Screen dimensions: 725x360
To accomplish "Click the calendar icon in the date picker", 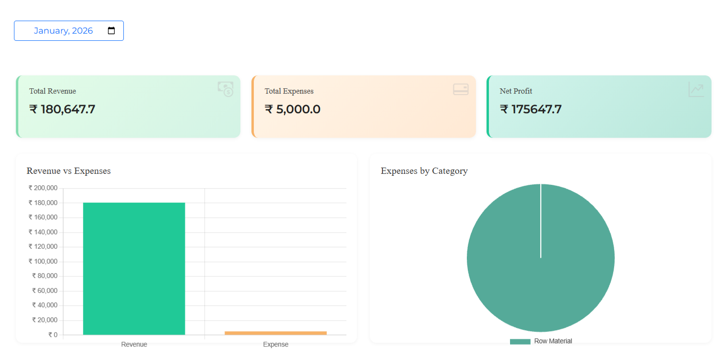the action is (x=111, y=30).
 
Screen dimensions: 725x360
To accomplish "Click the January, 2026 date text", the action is (x=63, y=31).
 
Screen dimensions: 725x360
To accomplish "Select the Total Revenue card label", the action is (x=52, y=91).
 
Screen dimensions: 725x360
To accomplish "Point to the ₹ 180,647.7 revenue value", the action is (x=62, y=109).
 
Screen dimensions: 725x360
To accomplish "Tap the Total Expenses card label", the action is (x=289, y=91).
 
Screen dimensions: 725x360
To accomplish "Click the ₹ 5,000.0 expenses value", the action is (x=293, y=109).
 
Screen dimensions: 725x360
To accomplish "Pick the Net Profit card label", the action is (x=516, y=91).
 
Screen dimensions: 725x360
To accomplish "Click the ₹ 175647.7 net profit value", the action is (x=531, y=109).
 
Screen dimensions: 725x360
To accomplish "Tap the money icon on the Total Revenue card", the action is (x=226, y=89).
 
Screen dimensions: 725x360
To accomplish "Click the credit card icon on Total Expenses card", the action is (x=461, y=89).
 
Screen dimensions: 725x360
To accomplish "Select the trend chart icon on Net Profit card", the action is (x=696, y=89).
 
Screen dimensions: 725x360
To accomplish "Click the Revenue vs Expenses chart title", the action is (x=69, y=170).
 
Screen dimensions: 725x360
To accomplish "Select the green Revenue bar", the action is (x=134, y=269).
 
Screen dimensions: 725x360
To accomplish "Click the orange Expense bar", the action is (x=276, y=333).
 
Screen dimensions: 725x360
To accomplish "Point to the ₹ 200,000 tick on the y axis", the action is (x=43, y=188).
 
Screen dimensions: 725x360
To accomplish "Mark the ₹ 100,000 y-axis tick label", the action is (x=43, y=261).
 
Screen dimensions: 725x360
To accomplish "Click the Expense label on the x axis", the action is (x=276, y=344).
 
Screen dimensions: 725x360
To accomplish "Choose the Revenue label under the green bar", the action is (x=134, y=344).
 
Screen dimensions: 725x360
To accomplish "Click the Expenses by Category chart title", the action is (x=424, y=170).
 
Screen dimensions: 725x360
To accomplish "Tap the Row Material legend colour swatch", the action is (x=520, y=342).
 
